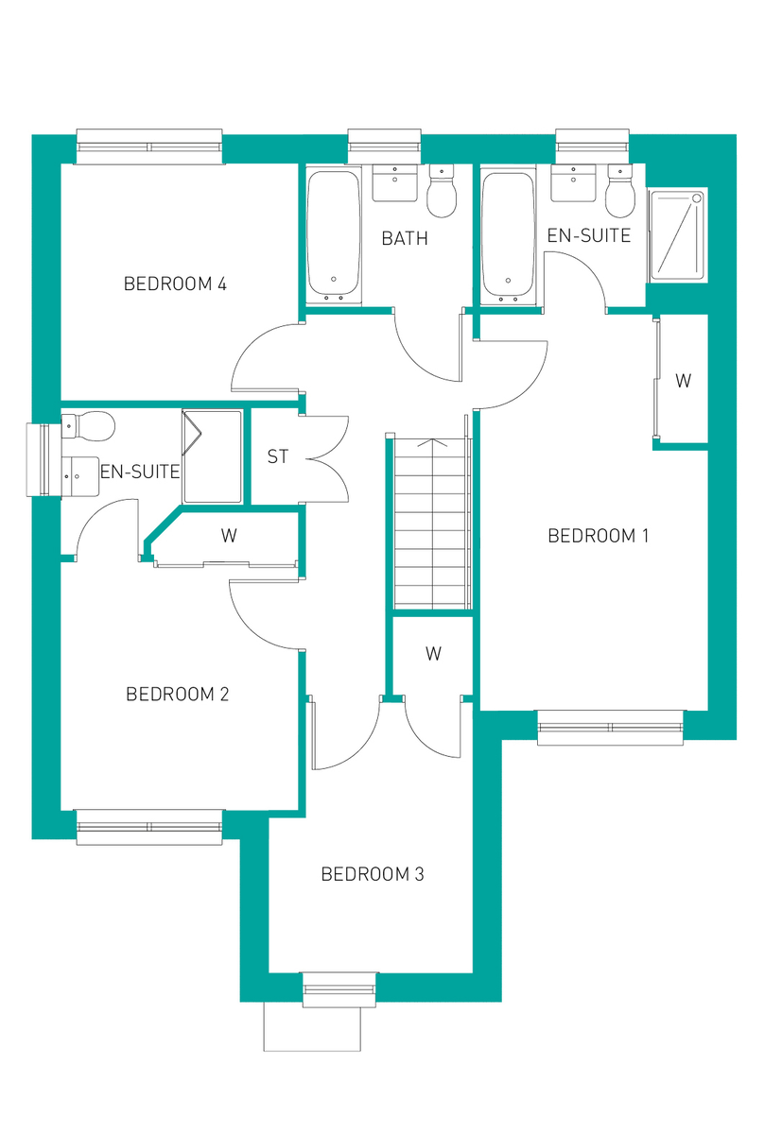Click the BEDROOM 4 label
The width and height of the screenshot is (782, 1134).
pyautogui.click(x=175, y=283)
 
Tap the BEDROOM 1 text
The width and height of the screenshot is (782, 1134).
pyautogui.click(x=599, y=536)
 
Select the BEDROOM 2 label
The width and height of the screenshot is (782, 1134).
pyautogui.click(x=178, y=695)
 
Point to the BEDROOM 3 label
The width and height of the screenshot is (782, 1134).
pyautogui.click(x=373, y=874)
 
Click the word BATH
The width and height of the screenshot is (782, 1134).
pyautogui.click(x=405, y=238)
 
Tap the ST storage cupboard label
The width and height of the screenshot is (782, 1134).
pyautogui.click(x=277, y=457)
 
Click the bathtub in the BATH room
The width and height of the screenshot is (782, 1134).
pyautogui.click(x=333, y=234)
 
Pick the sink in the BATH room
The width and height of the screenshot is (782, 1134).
pyautogui.click(x=394, y=183)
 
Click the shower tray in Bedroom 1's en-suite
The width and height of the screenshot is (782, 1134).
pyautogui.click(x=677, y=234)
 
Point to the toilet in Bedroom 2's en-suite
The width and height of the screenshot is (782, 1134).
pyautogui.click(x=89, y=426)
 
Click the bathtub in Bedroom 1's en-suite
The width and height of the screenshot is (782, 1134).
pyautogui.click(x=510, y=234)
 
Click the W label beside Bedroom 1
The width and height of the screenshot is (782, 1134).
pyautogui.click(x=683, y=381)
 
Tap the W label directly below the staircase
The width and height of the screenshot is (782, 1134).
pyautogui.click(x=433, y=653)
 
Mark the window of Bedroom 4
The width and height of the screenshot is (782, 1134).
pyautogui.click(x=149, y=146)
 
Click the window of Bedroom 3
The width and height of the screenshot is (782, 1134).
pyautogui.click(x=339, y=988)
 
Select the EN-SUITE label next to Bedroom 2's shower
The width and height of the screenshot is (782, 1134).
pyautogui.click(x=139, y=471)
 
